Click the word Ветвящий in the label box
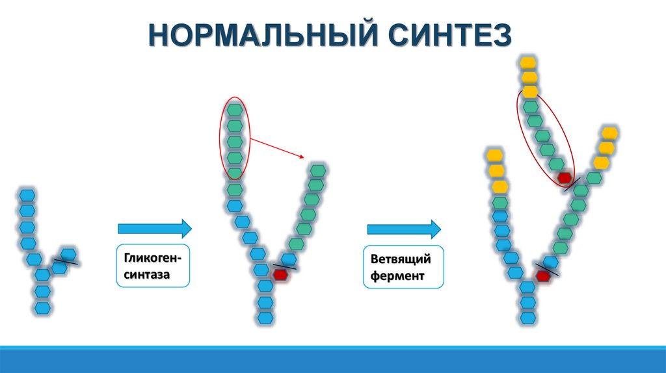point(401,259)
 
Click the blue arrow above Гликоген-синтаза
point(155,228)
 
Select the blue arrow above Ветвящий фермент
point(404,228)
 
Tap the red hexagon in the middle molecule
point(280,275)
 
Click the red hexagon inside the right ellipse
point(565,177)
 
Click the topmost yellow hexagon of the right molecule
point(528,63)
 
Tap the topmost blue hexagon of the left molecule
point(27,195)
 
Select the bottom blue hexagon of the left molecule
point(42,307)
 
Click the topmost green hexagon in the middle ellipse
point(235,110)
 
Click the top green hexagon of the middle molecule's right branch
point(318,170)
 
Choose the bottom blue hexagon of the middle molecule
point(265,318)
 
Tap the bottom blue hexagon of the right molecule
point(528,318)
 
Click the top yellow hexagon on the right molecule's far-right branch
point(609,133)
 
